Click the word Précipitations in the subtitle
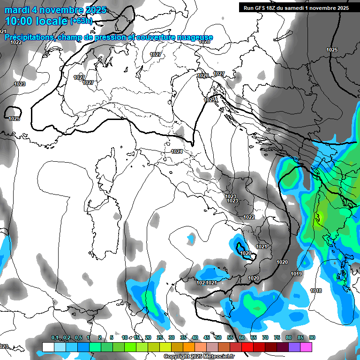point(29,37)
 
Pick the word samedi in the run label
point(302,7)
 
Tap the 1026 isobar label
point(203,75)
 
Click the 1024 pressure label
point(177,151)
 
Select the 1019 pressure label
point(296,274)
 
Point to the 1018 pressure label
point(316,291)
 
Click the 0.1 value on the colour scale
point(54,338)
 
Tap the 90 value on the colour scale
point(312,338)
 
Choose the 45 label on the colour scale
point(207,338)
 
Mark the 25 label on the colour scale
point(160,338)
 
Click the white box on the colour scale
point(48,347)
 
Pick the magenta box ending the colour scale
point(306,347)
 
